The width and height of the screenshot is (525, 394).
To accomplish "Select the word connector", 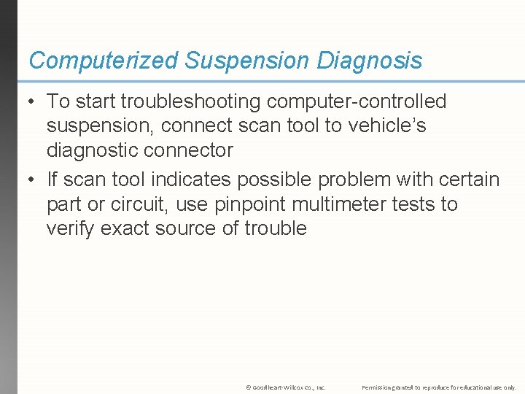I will tap(195, 151).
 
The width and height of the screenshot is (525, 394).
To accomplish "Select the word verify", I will tap(70, 228).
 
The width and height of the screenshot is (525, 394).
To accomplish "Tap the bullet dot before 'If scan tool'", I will tap(33, 180).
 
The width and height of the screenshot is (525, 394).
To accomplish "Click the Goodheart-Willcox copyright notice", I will tap(286, 387).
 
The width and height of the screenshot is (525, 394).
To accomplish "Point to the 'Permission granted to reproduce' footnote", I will tap(439, 387).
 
